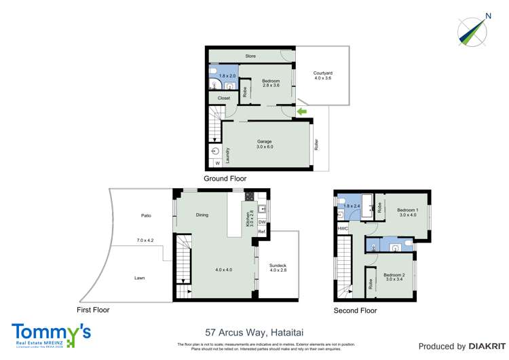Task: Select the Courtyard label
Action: coord(322,76)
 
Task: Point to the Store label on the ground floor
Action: coord(250,55)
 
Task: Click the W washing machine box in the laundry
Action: coord(217,164)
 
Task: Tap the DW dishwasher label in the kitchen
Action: coord(261,222)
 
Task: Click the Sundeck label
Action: coord(278,249)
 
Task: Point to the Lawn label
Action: coord(139,278)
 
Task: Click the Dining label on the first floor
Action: coord(202,215)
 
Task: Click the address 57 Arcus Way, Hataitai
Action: coord(254,333)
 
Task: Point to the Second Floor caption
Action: coord(355,310)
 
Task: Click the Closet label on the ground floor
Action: coord(224,98)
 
